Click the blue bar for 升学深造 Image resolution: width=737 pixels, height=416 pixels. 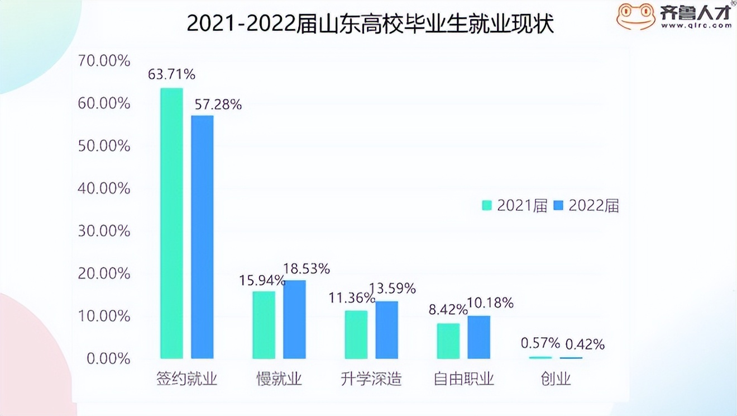pyautogui.click(x=386, y=329)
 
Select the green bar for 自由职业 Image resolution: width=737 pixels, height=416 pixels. pyautogui.click(x=448, y=341)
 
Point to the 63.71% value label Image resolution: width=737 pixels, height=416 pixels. pyautogui.click(x=171, y=74)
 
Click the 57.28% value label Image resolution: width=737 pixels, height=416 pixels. pyautogui.click(x=218, y=104)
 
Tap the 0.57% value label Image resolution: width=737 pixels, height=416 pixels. pyautogui.click(x=540, y=343)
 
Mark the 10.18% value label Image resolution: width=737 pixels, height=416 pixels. pyautogui.click(x=490, y=303)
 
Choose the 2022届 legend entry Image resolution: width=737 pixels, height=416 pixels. pyautogui.click(x=586, y=205)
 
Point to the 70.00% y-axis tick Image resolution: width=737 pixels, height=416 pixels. pyautogui.click(x=104, y=61)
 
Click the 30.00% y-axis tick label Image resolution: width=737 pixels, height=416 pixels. pyautogui.click(x=104, y=231)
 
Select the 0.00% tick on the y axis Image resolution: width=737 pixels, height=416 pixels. pyautogui.click(x=108, y=358)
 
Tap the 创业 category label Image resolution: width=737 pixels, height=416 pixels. pyautogui.click(x=556, y=379)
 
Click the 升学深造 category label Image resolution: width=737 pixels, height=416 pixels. pyautogui.click(x=371, y=379)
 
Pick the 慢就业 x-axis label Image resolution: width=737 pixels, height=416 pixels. pyautogui.click(x=279, y=379)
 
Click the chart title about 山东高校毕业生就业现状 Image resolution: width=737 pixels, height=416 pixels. pyautogui.click(x=370, y=24)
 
